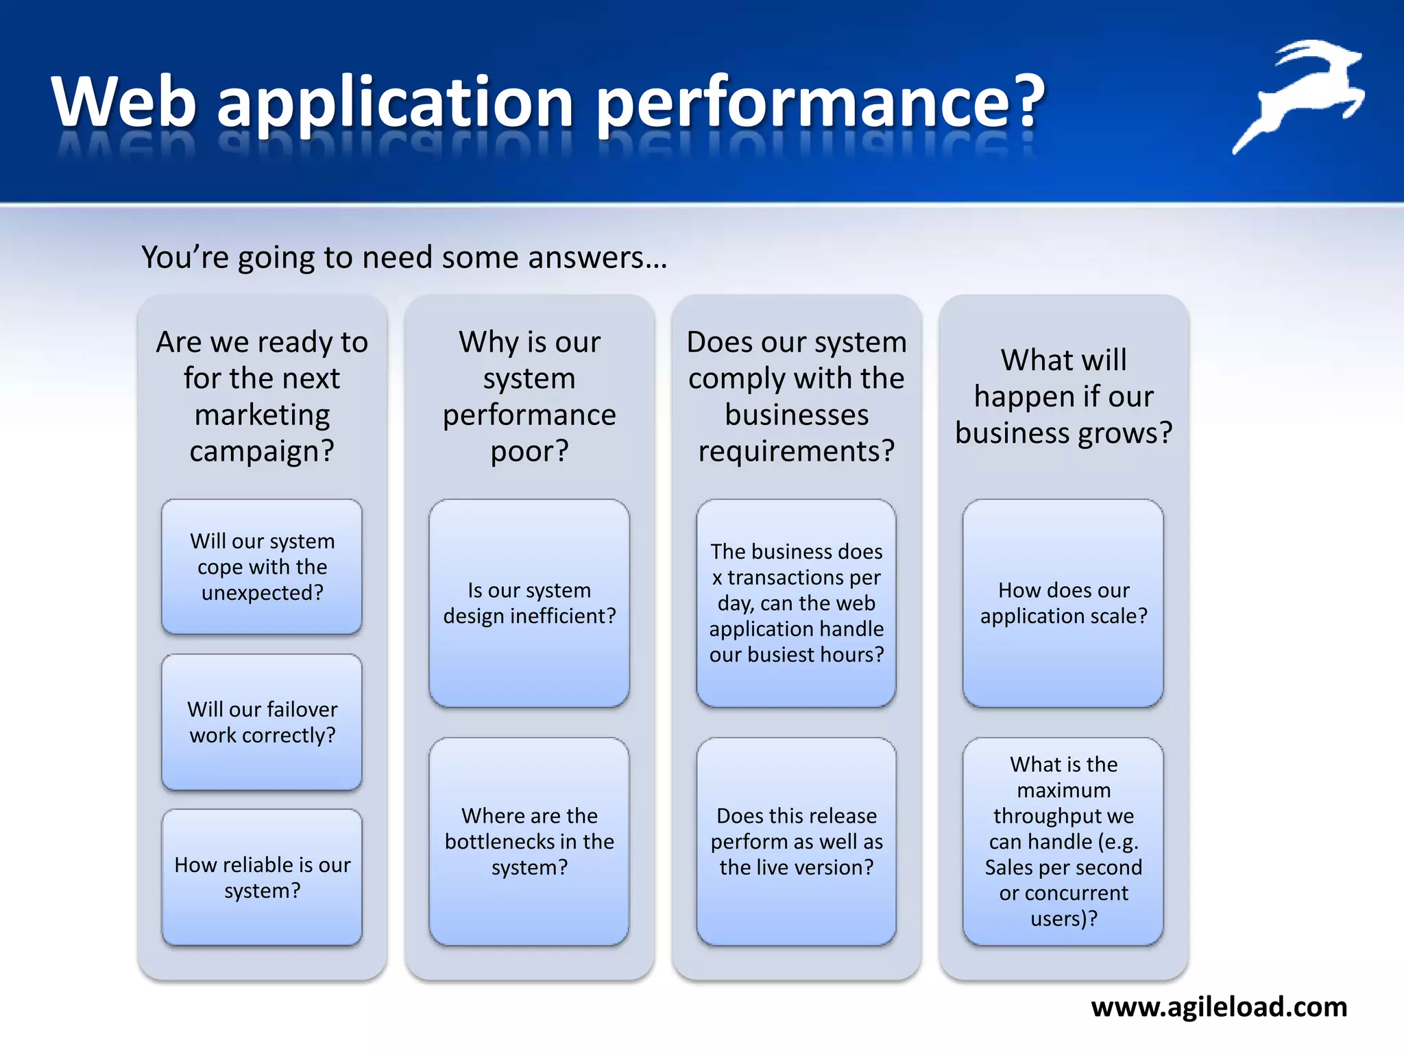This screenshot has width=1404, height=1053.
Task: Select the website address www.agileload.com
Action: click(1219, 1006)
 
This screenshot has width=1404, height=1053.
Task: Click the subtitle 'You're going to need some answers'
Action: click(404, 258)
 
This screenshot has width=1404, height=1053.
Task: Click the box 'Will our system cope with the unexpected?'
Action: click(262, 566)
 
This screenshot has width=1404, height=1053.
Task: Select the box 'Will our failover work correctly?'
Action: click(262, 721)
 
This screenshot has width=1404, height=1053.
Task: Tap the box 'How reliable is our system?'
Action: click(262, 877)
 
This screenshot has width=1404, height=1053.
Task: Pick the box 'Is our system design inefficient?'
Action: click(529, 603)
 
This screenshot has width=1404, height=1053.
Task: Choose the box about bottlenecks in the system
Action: click(529, 841)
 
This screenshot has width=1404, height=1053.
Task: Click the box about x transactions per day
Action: click(796, 603)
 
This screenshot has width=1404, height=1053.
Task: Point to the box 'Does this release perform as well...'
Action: click(796, 841)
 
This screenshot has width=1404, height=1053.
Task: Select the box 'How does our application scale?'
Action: click(1063, 603)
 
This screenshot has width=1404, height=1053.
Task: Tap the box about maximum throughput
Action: click(1063, 841)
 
